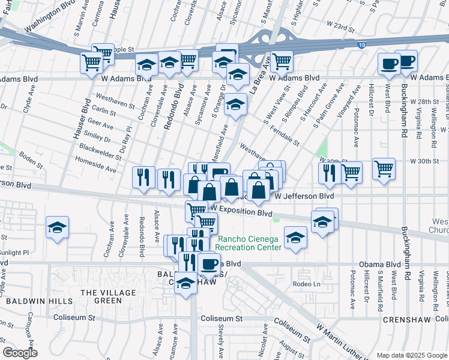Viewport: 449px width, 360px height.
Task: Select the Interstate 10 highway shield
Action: [360, 45]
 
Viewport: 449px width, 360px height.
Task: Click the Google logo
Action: [19, 352]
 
